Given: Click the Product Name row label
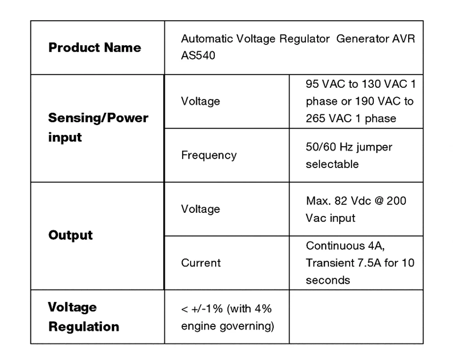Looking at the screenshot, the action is [94, 48].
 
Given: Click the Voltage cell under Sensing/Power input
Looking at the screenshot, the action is [200, 101].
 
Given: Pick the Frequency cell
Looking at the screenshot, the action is [208, 155].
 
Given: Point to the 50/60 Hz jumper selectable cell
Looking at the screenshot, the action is [349, 155].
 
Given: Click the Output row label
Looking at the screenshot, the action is [70, 235].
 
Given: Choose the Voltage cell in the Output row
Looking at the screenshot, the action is [200, 209].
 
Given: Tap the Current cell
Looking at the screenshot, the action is [201, 263].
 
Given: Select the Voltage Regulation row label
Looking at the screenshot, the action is [83, 317].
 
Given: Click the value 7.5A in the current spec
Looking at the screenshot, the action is [366, 263].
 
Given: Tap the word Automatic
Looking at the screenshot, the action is [203, 39].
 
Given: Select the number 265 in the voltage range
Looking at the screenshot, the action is [316, 119].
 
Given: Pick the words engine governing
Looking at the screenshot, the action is [227, 326].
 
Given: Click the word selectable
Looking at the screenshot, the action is [332, 164].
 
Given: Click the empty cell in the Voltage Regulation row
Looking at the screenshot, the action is [356, 317].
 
